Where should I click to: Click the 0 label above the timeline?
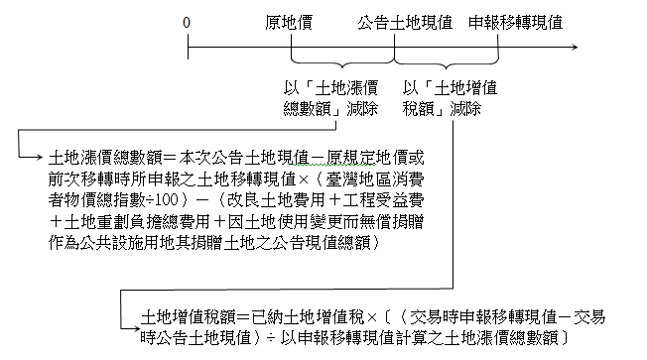187,22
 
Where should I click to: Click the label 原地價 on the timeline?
291,22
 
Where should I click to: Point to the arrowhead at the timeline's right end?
577,46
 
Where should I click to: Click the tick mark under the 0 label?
187,46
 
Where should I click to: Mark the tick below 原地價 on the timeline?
291,46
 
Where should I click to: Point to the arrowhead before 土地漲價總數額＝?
39,158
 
